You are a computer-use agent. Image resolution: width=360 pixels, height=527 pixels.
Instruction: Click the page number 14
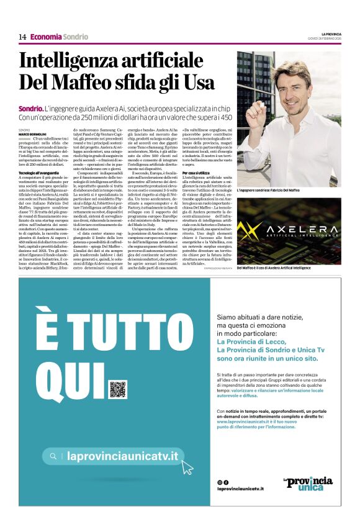(x=22, y=37)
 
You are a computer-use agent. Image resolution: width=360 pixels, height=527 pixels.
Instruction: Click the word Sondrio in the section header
(x=76, y=37)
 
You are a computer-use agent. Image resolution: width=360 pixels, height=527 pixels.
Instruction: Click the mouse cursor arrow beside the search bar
(x=187, y=467)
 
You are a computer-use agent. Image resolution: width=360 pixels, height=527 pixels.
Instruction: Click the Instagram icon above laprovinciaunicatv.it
(x=220, y=482)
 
